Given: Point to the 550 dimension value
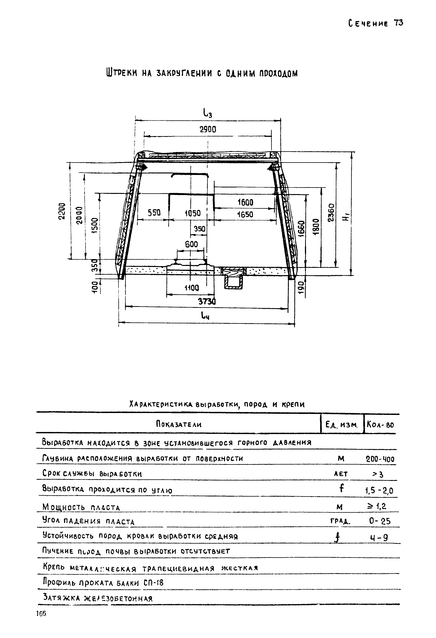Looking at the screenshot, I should [154, 212].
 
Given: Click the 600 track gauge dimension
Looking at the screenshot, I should [191, 244].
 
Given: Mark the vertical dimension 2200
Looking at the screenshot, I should [62, 211].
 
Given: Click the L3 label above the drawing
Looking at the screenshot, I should [208, 113].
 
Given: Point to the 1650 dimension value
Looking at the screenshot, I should [245, 214].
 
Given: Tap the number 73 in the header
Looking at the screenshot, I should [398, 23].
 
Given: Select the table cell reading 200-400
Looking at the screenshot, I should [380, 459].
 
